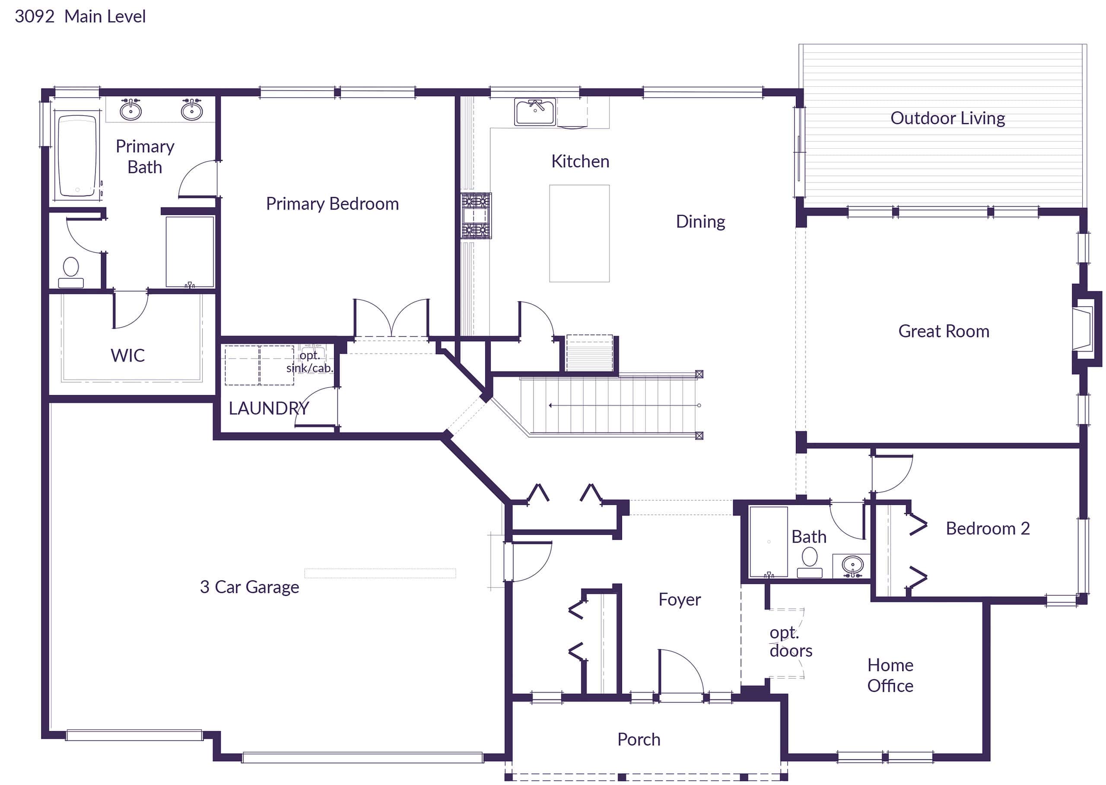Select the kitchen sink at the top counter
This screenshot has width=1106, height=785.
tap(534, 111)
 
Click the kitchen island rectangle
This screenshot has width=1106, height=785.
tap(579, 233)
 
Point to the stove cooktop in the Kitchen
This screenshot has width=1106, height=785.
tap(476, 216)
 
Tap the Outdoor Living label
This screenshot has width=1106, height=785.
tap(947, 118)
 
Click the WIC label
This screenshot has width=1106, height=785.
tap(127, 356)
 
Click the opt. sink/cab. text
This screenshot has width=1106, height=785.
tap(309, 362)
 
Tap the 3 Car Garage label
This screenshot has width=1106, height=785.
tap(249, 587)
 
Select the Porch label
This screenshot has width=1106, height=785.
tap(639, 740)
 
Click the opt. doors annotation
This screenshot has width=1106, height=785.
tap(790, 642)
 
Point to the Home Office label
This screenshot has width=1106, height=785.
tap(890, 676)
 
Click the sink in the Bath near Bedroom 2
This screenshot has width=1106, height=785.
tap(852, 565)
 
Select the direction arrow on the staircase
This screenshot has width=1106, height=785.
tap(623, 405)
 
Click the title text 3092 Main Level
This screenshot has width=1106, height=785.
tap(80, 17)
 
